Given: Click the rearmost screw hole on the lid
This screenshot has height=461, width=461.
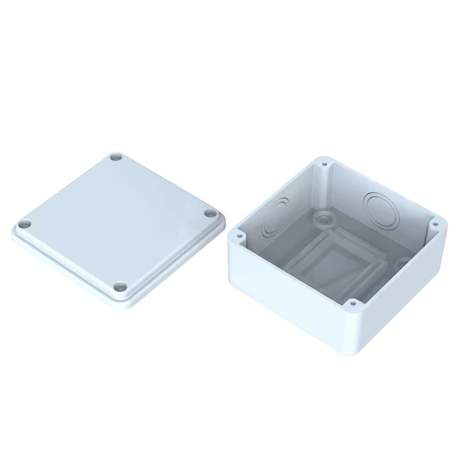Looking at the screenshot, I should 117,157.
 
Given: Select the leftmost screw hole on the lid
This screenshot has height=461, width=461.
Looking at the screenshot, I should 23,223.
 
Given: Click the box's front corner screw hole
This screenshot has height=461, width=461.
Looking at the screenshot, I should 352,302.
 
